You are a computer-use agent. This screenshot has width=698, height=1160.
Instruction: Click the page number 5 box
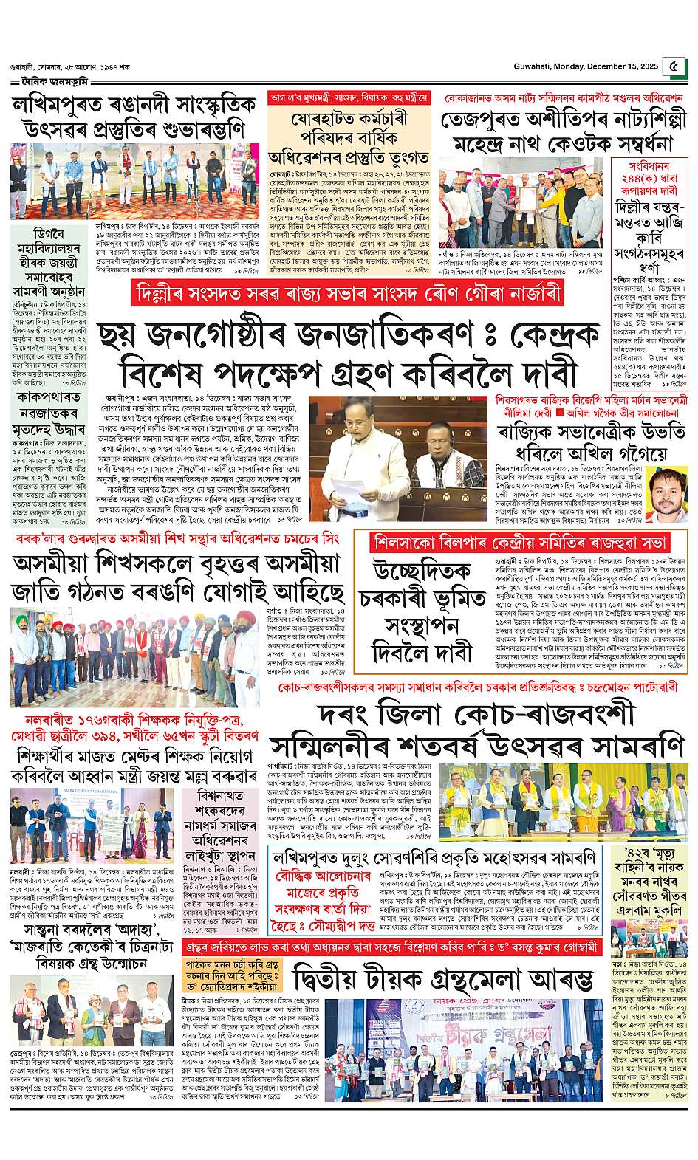pyautogui.click(x=674, y=66)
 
